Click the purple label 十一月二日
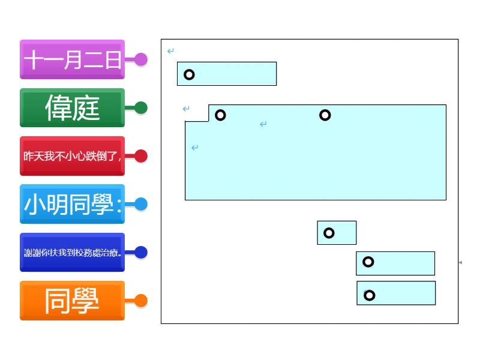coord(72,59)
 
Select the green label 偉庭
coord(72,108)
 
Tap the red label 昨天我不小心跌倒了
coord(72,156)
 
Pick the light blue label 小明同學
coord(72,205)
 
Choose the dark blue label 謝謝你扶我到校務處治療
coord(72,253)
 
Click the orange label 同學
coord(72,301)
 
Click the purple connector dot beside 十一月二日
coord(141,59)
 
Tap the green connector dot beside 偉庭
coord(141,108)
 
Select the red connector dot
coord(141,156)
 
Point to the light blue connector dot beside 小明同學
coord(141,204)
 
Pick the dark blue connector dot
coord(141,253)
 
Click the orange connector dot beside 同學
coord(141,301)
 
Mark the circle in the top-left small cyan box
coord(189,74)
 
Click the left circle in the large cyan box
coord(220,115)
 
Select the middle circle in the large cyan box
coord(325,115)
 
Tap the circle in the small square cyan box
coord(329,233)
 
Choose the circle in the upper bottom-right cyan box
coord(368,262)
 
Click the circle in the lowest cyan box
coord(370,295)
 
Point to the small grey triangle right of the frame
coord(460,262)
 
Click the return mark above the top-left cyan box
coord(171,51)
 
